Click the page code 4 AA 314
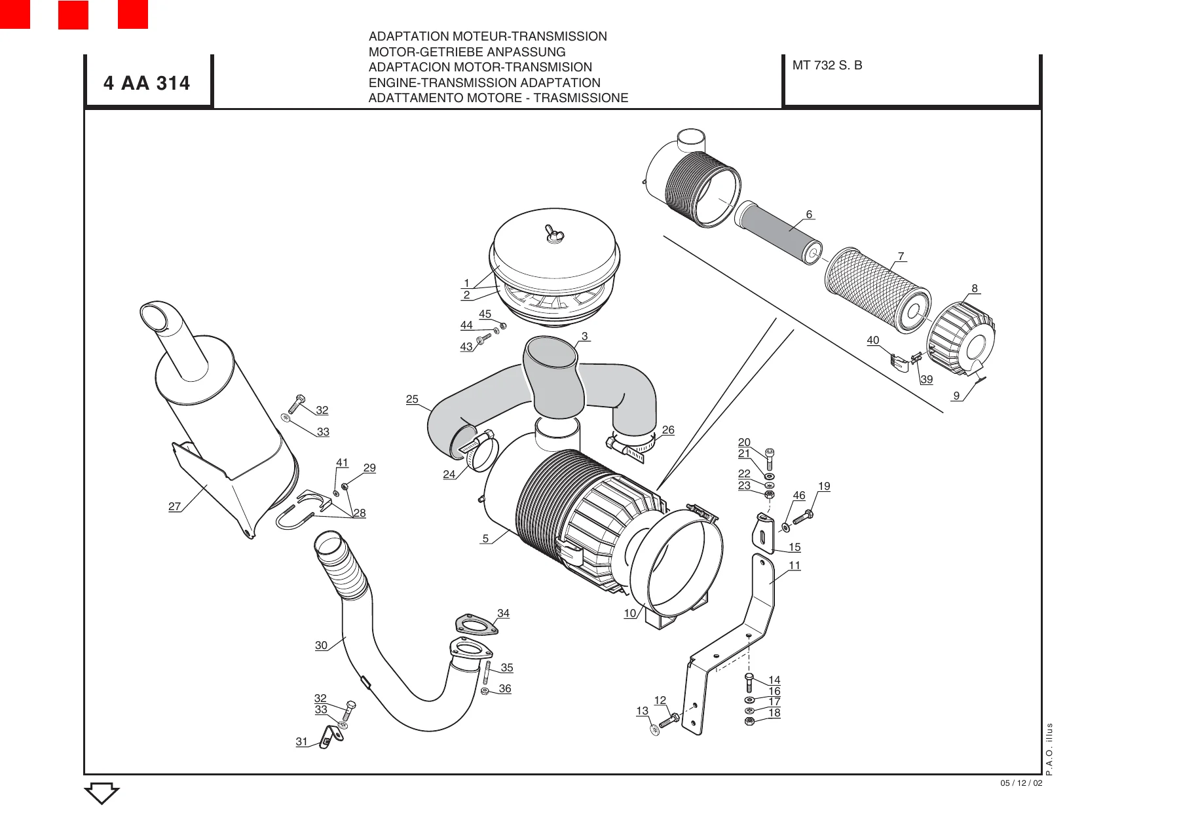(x=147, y=83)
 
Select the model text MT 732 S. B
(x=827, y=65)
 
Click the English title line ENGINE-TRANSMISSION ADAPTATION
(x=484, y=83)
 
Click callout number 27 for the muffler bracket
(x=174, y=506)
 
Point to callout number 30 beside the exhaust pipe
(x=321, y=645)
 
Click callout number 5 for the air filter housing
(x=485, y=538)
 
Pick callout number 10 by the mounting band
(x=630, y=613)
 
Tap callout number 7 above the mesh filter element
(x=901, y=256)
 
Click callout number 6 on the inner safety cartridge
(x=809, y=214)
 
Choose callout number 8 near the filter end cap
(x=975, y=288)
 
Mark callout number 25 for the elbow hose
(x=412, y=399)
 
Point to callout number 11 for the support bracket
(x=795, y=565)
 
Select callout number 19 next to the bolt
(x=824, y=486)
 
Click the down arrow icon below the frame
(x=102, y=793)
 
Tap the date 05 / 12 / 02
(x=1021, y=783)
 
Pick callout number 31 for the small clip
(x=301, y=741)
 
